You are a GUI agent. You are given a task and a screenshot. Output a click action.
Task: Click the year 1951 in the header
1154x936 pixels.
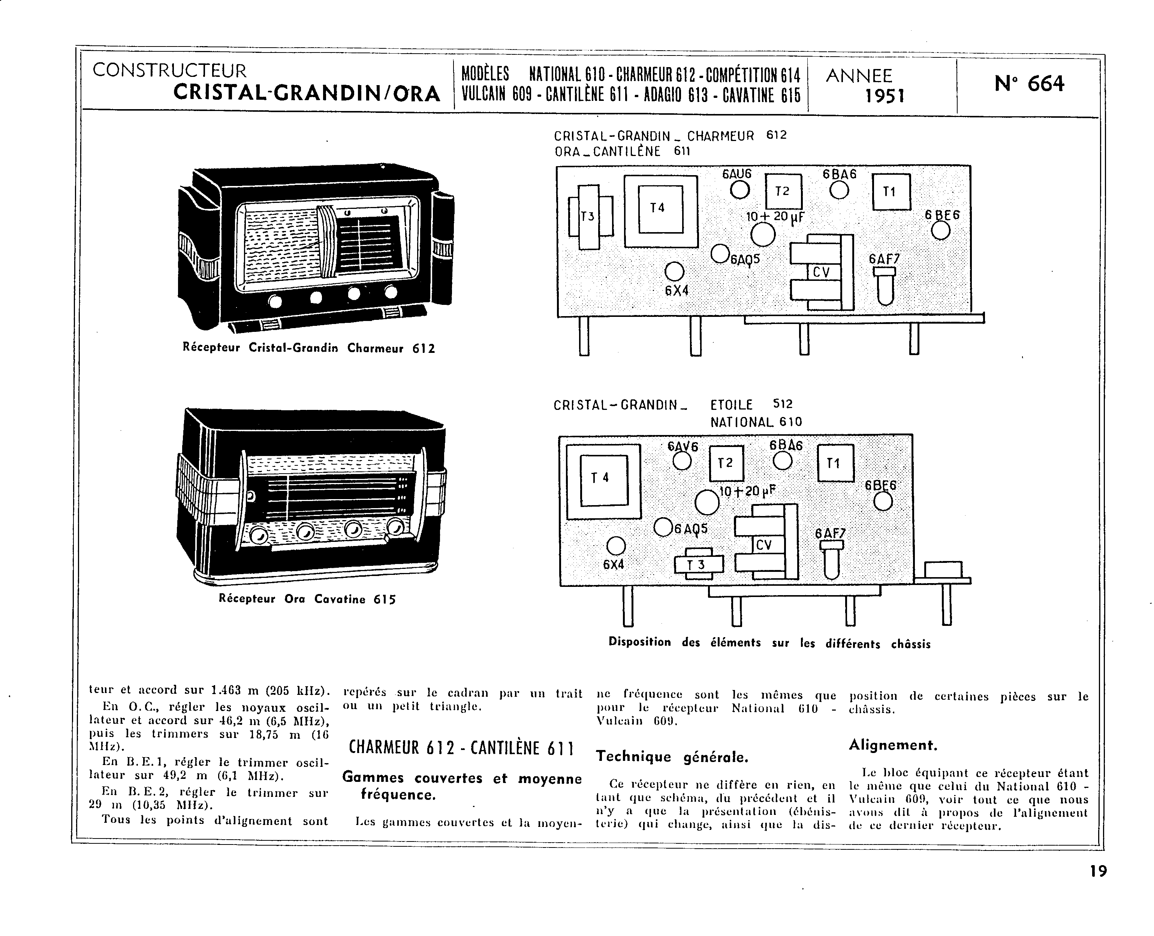[884, 96]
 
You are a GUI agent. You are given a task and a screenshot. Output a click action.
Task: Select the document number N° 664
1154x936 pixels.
[1029, 84]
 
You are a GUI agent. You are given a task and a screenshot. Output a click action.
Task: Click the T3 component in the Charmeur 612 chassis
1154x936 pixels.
[590, 217]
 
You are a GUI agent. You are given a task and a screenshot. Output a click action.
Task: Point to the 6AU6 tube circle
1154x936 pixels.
[740, 190]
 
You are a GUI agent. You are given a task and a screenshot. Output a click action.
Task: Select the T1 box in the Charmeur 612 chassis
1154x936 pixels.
[891, 191]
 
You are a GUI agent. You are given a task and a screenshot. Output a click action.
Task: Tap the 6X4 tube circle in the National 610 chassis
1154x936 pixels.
[616, 546]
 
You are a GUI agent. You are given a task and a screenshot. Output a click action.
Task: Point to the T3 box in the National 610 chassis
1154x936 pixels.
[699, 564]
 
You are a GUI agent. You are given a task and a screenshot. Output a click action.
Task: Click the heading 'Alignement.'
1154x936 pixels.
[893, 745]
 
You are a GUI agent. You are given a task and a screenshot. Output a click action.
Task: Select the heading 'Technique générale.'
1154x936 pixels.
[672, 757]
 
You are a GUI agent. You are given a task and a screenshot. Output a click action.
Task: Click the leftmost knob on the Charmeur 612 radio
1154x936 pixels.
[275, 301]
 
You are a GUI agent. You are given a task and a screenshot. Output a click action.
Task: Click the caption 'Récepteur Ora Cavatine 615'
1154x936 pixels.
[307, 598]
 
